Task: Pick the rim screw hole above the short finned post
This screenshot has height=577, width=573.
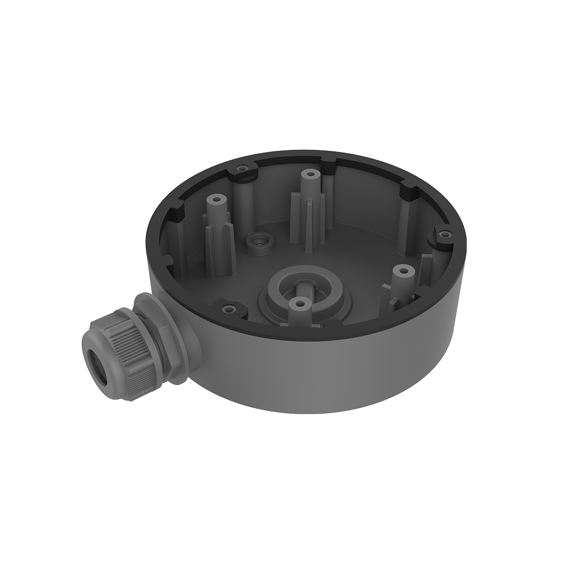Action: [444, 234]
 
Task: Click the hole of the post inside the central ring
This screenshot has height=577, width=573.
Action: [300, 304]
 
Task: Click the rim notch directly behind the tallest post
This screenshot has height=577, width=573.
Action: [329, 162]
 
